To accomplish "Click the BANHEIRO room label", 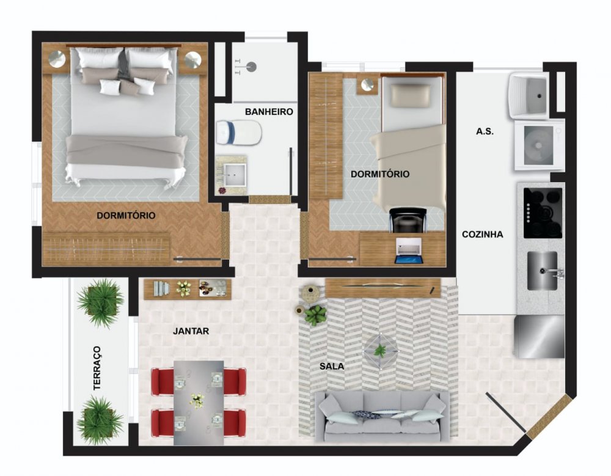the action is pyautogui.click(x=269, y=112).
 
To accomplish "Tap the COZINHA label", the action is pyautogui.click(x=483, y=234).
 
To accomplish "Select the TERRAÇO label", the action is pyautogui.click(x=97, y=368).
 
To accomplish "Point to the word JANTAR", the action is pyautogui.click(x=191, y=331).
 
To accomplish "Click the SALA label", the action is pyautogui.click(x=332, y=367).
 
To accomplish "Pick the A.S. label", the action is pyautogui.click(x=485, y=131).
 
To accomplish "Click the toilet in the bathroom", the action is pyautogui.click(x=238, y=133).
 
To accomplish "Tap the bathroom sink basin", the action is pyautogui.click(x=235, y=175).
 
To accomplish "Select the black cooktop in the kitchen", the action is pyautogui.click(x=543, y=213).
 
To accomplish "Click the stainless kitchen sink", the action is pyautogui.click(x=543, y=271).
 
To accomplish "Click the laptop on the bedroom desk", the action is pyautogui.click(x=409, y=251).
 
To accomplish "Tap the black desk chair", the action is pyautogui.click(x=408, y=220).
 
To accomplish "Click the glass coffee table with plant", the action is pyautogui.click(x=381, y=351).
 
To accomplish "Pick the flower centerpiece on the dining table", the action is pyautogui.click(x=197, y=400).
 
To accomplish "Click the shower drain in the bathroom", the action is pyautogui.click(x=251, y=66).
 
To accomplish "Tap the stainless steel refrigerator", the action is pyautogui.click(x=539, y=337).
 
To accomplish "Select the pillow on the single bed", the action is pyautogui.click(x=411, y=96).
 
